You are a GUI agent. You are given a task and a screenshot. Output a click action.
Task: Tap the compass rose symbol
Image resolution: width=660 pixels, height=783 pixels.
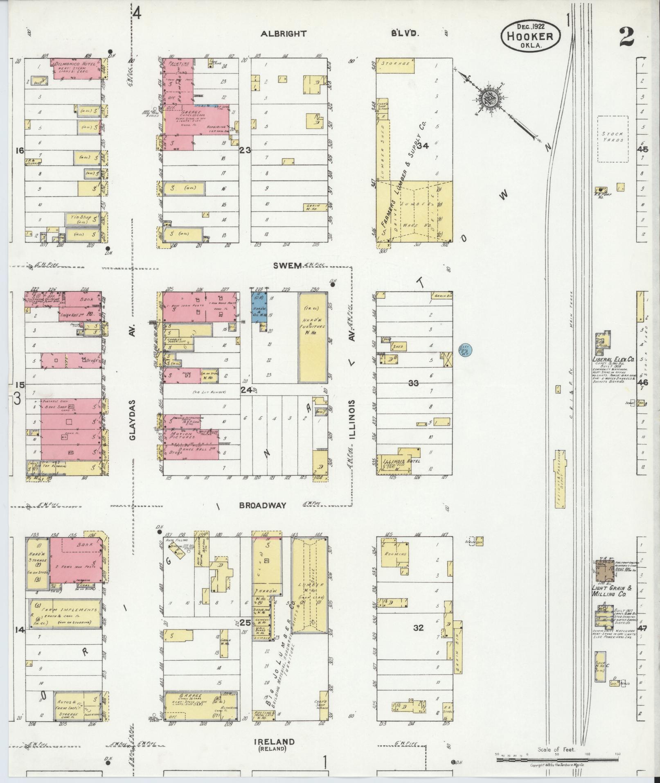pyautogui.click(x=489, y=99)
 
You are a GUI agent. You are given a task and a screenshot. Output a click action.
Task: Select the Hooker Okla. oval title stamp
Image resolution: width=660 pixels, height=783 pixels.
pyautogui.click(x=530, y=36)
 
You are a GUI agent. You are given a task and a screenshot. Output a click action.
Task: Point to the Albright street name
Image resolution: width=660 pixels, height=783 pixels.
pyautogui.click(x=284, y=34)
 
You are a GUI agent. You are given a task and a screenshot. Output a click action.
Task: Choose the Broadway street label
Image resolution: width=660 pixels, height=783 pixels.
pyautogui.click(x=262, y=505)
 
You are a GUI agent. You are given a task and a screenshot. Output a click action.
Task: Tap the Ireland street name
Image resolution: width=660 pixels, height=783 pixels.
pyautogui.click(x=274, y=742)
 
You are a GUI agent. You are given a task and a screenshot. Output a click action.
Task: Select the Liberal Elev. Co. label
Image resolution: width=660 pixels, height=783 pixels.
pyautogui.click(x=613, y=359)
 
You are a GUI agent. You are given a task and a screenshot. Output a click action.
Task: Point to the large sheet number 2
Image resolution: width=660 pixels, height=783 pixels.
pyautogui.click(x=626, y=37)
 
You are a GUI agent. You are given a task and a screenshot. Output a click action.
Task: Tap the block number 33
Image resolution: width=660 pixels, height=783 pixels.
pyautogui.click(x=413, y=383)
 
